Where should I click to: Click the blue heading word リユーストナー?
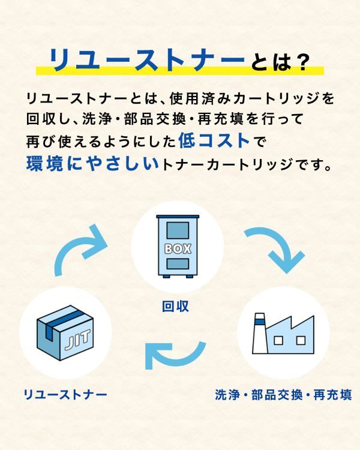point(146,59)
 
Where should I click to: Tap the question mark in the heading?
point(301,62)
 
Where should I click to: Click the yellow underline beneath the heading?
point(180,71)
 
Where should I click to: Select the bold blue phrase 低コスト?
point(214,141)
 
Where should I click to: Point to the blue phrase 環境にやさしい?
point(93,164)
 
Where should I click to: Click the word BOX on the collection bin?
point(178,249)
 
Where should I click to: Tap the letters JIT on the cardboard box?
point(77,339)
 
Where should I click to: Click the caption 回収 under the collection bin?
point(175,306)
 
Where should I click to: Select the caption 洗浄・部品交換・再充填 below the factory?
point(283,395)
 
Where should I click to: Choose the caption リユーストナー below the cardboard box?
point(65,395)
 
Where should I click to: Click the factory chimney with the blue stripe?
point(260,334)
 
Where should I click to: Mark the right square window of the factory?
point(301,340)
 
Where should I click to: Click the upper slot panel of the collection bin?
point(178,230)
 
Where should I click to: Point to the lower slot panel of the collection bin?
point(178,264)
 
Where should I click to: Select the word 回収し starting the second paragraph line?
point(47,119)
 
